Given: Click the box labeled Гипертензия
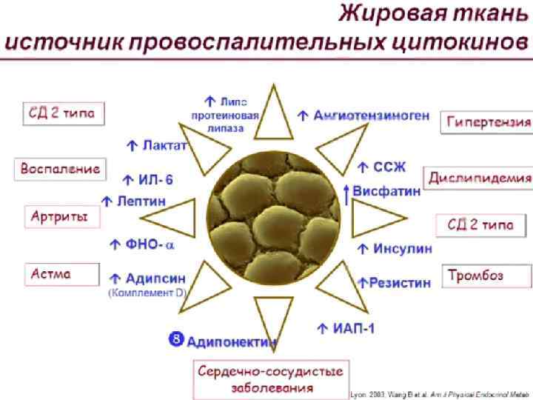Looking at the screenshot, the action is [489, 121].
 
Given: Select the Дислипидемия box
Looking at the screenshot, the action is [479, 179].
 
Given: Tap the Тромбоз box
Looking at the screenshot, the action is [487, 276].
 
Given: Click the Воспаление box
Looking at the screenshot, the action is [60, 168].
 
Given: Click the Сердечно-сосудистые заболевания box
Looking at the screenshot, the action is [273, 379].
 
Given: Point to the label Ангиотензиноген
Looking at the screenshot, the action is [371, 116].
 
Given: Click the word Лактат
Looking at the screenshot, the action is [164, 145].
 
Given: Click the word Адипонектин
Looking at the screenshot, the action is [232, 341].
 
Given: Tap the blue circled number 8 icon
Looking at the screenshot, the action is [176, 339].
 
